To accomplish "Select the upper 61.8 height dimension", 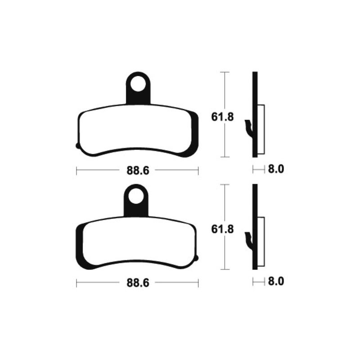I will (x=222, y=117).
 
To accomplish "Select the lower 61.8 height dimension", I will (x=222, y=229).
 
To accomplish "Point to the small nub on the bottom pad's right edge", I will (x=197, y=258).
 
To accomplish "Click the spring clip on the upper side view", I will (x=248, y=128).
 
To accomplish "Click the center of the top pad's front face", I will (x=137, y=130).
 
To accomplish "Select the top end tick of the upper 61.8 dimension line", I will (x=224, y=72).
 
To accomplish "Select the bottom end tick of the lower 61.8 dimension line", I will (x=224, y=269).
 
